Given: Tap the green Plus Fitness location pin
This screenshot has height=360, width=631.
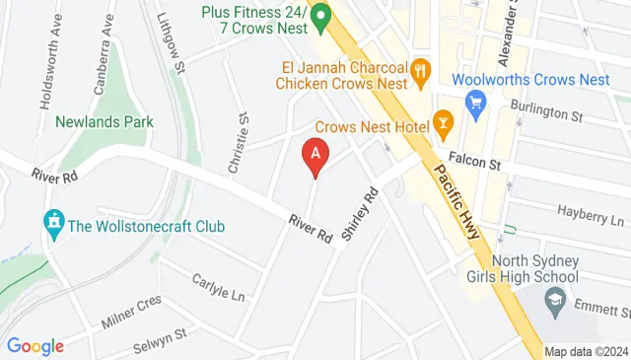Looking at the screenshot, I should tap(320, 17).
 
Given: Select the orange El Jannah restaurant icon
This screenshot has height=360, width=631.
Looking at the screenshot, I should tap(421, 69).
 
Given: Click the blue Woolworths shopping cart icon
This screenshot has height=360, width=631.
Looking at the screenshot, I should tap(476, 100).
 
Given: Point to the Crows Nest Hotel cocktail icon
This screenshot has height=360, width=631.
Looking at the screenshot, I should tap(443, 122).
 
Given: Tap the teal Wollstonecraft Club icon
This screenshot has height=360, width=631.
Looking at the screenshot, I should tap(53, 226).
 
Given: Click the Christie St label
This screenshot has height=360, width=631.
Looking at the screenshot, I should tap(237, 144).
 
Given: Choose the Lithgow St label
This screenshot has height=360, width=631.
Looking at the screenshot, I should tap(172, 43).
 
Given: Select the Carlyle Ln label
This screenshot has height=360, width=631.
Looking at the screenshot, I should tap(217, 287).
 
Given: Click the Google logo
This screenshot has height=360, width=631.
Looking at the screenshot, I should tap(35, 345).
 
